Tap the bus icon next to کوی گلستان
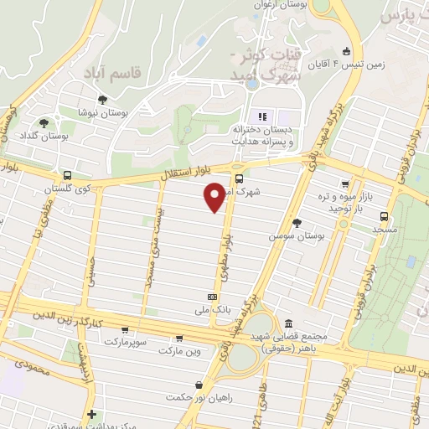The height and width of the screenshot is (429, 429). point(67,176)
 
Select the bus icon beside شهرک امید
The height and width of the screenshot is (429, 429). point(240,178)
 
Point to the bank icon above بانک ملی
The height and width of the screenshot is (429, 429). point(212,297)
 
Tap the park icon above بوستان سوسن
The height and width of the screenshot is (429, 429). point(297,222)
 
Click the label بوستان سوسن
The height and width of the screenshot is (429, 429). point(296,236)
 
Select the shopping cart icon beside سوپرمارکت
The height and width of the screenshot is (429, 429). point(125,331)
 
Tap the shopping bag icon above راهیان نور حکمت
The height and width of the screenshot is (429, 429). point(198,385)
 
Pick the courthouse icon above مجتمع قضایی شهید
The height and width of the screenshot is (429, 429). point(288,323)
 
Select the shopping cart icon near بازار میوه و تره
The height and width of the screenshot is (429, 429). point(344,184)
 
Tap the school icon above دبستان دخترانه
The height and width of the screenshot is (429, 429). point(260,116)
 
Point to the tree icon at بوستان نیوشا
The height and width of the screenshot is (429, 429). point(102,100)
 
